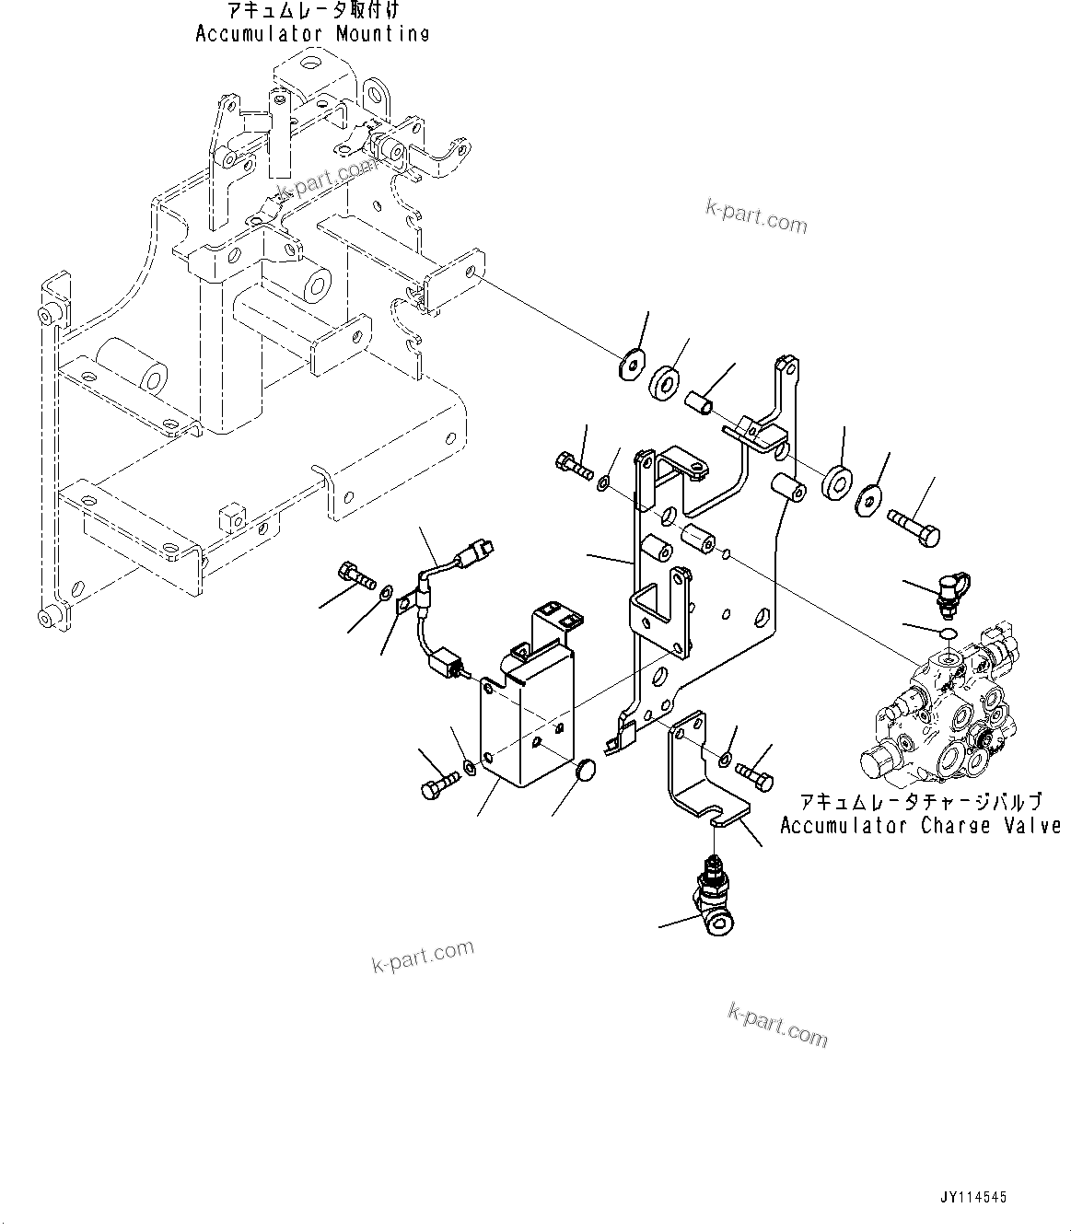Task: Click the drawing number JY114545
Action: (x=974, y=1198)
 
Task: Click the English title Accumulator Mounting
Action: (x=312, y=34)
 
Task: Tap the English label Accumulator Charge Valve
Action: (x=919, y=826)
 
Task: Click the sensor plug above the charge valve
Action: (x=949, y=590)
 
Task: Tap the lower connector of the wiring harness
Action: (x=447, y=662)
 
